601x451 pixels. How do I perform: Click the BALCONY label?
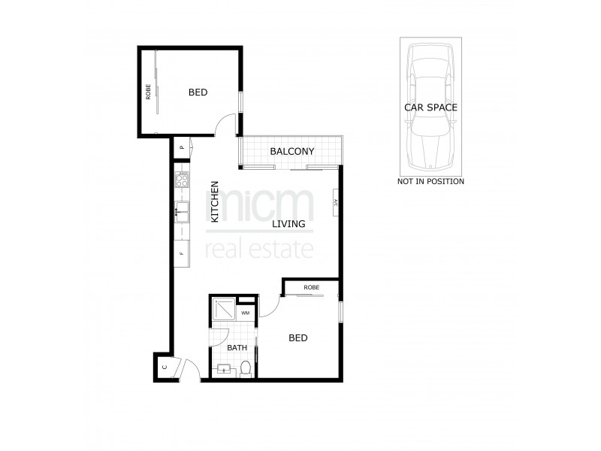(x=291, y=152)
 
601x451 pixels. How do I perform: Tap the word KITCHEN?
(x=215, y=201)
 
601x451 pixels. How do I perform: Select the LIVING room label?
(x=288, y=224)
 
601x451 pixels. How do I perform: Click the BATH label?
(x=237, y=348)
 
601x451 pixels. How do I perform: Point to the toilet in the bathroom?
(x=246, y=368)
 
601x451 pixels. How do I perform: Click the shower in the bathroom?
(x=224, y=310)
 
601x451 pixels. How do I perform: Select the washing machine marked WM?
(x=246, y=312)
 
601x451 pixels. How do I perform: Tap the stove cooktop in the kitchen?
(x=181, y=180)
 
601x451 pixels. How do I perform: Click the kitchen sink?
(x=181, y=209)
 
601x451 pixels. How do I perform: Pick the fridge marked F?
(x=181, y=254)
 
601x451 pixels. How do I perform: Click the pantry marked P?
(x=182, y=148)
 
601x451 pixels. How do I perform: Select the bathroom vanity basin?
(x=224, y=368)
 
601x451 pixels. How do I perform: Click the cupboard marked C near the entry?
(x=164, y=368)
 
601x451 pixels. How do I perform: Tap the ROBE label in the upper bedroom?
(x=149, y=92)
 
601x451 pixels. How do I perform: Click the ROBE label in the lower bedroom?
(x=312, y=288)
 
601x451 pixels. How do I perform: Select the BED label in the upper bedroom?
(x=198, y=92)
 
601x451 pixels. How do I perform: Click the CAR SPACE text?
(x=430, y=107)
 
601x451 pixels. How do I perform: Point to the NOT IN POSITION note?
(x=430, y=181)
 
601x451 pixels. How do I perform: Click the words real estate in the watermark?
(x=258, y=249)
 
